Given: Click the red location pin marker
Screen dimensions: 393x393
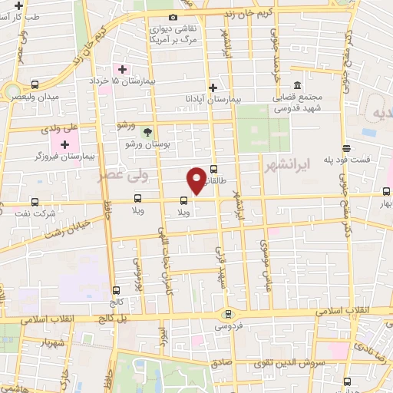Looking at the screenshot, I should pyautogui.click(x=196, y=180).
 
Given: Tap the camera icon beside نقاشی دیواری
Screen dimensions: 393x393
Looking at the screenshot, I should pyautogui.click(x=173, y=17).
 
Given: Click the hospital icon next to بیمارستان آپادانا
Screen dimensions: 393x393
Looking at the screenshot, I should pyautogui.click(x=213, y=88).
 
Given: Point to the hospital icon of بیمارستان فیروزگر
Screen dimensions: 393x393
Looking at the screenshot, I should pyautogui.click(x=65, y=144).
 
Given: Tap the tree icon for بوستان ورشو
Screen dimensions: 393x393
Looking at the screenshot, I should pyautogui.click(x=147, y=133).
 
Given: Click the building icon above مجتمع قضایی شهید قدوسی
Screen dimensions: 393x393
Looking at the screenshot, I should pyautogui.click(x=297, y=86).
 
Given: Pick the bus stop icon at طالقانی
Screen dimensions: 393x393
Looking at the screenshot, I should pyautogui.click(x=213, y=170).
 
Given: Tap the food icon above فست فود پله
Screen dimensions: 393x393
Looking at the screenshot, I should pyautogui.click(x=346, y=148).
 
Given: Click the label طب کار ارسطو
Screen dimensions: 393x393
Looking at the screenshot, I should pyautogui.click(x=22, y=15).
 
